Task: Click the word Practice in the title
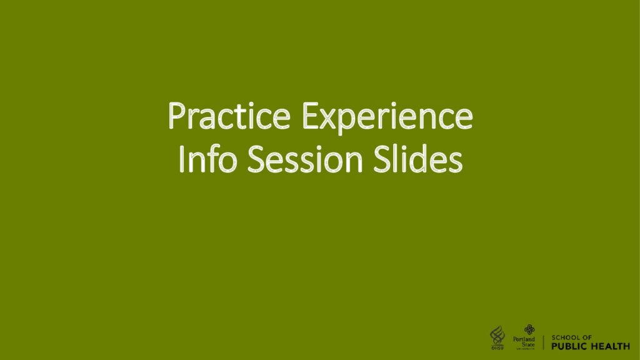[x=229, y=116]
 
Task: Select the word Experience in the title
[x=387, y=119]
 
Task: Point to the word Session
[x=305, y=159]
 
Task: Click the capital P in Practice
[x=177, y=116]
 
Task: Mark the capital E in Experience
[x=310, y=116]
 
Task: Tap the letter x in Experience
[x=329, y=120]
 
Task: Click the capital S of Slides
[x=382, y=159]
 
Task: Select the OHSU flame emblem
[x=497, y=336]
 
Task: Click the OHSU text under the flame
[x=497, y=348]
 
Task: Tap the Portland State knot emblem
[x=529, y=330]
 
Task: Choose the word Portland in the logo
[x=524, y=339]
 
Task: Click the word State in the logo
[x=528, y=344]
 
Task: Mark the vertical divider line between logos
[x=543, y=342]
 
